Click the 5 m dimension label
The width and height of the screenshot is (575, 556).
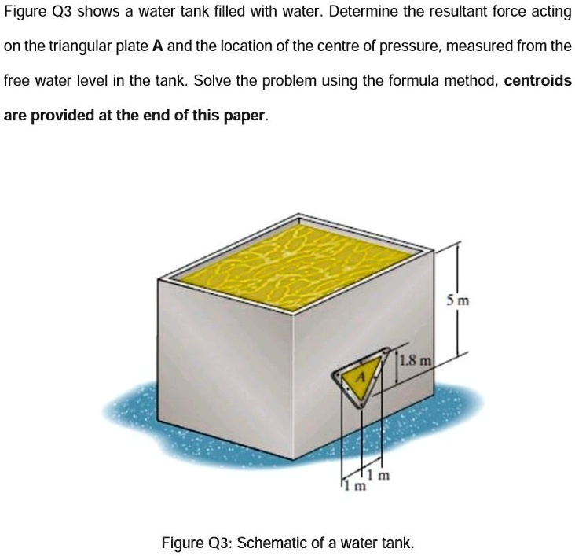(456, 300)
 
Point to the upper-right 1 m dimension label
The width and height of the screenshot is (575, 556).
(381, 474)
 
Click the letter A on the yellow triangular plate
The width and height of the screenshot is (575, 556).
(361, 377)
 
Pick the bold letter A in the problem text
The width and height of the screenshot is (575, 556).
(157, 46)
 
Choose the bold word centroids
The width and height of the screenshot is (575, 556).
(537, 81)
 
